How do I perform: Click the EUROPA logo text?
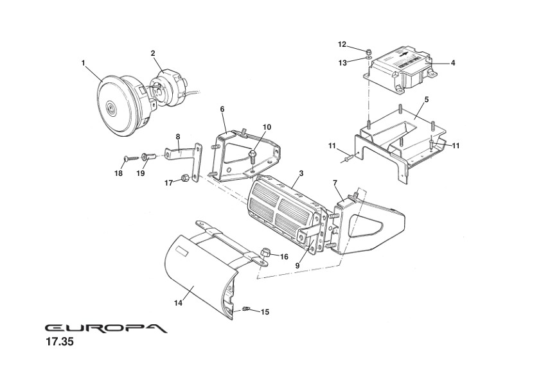coord(106,327)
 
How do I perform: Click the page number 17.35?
coord(60,343)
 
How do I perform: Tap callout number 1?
coord(84,63)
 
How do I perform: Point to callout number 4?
coord(453,63)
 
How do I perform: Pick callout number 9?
coord(297,265)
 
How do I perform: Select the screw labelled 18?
coord(127,157)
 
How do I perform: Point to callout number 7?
coord(335,183)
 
